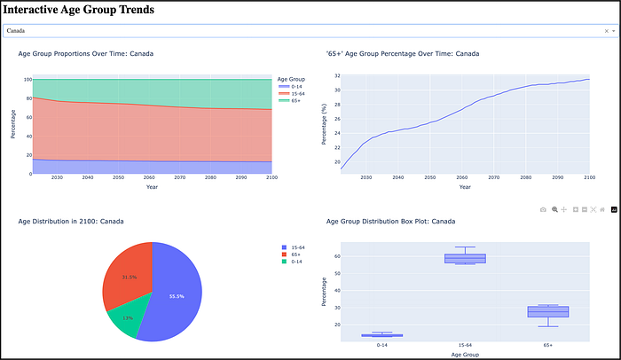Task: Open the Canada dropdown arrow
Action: click(x=612, y=30)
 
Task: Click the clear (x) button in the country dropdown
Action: click(x=603, y=30)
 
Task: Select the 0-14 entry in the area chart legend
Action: click(x=292, y=86)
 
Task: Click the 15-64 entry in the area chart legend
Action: click(x=293, y=93)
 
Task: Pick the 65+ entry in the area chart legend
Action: click(x=291, y=100)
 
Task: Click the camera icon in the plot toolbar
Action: click(x=544, y=209)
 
